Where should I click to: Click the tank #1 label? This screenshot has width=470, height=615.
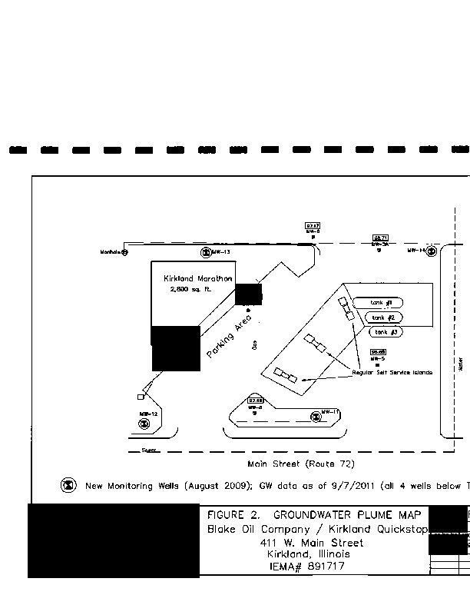[382, 303]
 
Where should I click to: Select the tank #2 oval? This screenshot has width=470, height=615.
[384, 317]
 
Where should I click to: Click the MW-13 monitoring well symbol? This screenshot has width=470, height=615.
[206, 252]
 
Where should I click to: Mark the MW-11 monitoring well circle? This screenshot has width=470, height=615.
[316, 417]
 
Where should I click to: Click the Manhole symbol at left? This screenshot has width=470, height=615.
[125, 251]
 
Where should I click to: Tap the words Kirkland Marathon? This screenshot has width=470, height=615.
[198, 278]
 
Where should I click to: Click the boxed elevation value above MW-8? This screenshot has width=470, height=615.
[313, 225]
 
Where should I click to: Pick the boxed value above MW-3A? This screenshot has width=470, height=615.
[379, 238]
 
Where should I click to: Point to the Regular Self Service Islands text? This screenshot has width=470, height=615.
[392, 372]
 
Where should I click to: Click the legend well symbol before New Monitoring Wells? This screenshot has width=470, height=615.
[68, 485]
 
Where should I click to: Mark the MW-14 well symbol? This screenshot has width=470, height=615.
[432, 251]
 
